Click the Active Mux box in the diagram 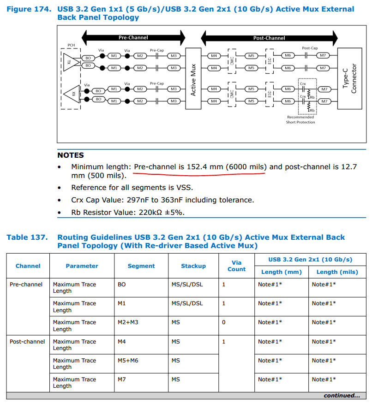click(193, 78)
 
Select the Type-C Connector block click(350, 78)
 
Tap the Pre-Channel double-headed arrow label click(133, 37)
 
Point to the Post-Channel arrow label click(269, 38)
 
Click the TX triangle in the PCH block click(69, 61)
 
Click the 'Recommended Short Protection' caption click(300, 120)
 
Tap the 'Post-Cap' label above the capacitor click(310, 48)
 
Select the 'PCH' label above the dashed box click(71, 45)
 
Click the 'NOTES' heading click(71, 155)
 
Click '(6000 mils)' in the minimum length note click(246, 167)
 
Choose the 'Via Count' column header click(236, 266)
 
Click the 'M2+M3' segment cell click(128, 322)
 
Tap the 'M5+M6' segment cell click(128, 361)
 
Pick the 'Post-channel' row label click(27, 342)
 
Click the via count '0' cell click(224, 322)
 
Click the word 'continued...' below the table click(342, 396)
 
